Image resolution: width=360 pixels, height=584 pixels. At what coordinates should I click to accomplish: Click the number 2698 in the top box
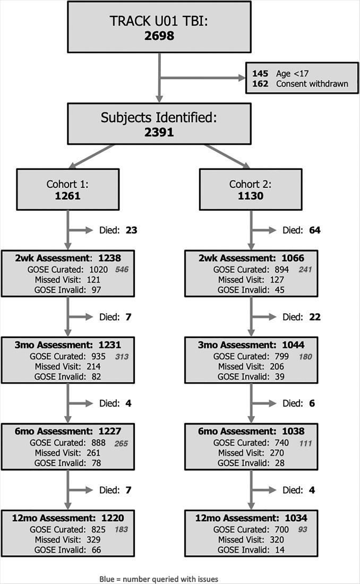click(159, 37)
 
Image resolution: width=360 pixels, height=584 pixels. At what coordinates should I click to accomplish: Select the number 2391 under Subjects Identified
click(159, 132)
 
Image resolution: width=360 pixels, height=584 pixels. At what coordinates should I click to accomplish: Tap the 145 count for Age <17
click(261, 74)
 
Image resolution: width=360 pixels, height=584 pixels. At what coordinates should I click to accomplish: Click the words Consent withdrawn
click(312, 84)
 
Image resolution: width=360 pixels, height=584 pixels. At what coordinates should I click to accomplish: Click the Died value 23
click(131, 230)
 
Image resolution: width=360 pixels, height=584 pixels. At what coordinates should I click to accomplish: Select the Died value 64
click(314, 230)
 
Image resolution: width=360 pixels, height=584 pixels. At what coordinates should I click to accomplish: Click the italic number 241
click(305, 270)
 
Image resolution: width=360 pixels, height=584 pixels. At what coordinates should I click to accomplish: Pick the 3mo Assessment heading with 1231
click(67, 345)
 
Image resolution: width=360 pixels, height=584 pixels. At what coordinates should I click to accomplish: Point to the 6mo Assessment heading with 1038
click(251, 432)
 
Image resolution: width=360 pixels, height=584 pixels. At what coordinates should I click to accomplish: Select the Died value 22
click(314, 317)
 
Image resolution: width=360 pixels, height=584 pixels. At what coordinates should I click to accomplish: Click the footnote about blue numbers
click(159, 579)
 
